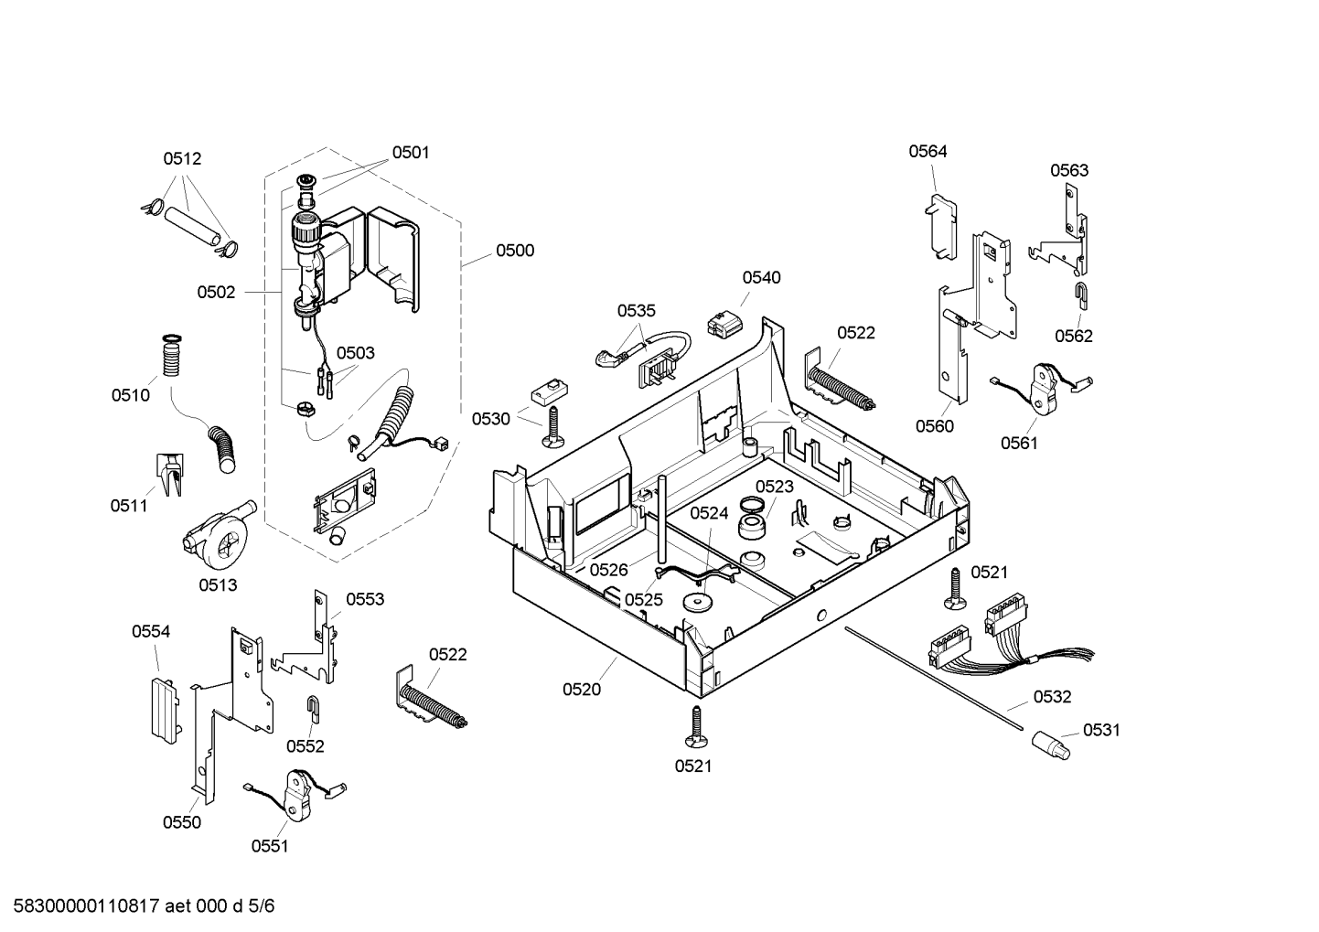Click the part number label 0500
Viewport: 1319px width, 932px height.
point(515,251)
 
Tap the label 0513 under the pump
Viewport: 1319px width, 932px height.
point(218,585)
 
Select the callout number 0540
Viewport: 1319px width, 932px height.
point(761,278)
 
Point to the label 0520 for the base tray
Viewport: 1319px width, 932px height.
point(582,690)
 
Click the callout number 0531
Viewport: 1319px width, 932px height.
point(1101,730)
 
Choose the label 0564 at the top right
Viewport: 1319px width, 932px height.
point(928,152)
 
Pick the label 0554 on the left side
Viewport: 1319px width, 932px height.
point(151,632)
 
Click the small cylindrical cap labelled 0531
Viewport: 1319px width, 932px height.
point(1050,745)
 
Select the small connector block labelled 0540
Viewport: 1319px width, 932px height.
point(724,324)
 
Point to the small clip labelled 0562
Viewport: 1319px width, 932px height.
point(1082,296)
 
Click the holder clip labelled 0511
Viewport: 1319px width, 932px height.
point(170,474)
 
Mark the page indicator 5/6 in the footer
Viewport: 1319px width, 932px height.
point(261,906)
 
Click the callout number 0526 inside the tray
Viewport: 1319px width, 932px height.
point(609,570)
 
